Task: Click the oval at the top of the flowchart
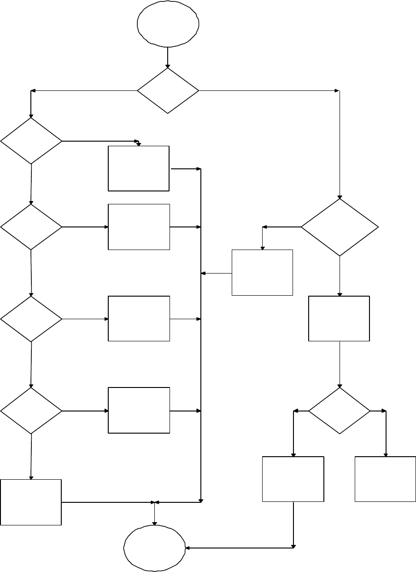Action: coord(168,24)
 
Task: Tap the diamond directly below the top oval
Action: coord(168,91)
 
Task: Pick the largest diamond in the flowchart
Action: coord(340,227)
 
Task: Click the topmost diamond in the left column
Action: coord(31,141)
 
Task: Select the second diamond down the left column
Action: coord(31,227)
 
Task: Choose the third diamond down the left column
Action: coord(31,319)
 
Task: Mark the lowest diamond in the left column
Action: coord(31,411)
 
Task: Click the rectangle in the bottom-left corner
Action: coord(31,502)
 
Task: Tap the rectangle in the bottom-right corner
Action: coord(385,479)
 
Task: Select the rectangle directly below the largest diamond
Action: coord(339,318)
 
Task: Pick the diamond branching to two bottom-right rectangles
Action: coord(339,411)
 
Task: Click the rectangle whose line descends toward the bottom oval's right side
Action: coord(293,479)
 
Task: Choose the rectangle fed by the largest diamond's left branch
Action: coord(262,272)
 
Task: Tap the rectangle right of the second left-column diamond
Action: coord(139,227)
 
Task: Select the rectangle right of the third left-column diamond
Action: coord(139,318)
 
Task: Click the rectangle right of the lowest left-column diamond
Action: coord(139,410)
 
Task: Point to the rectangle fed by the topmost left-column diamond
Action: coord(139,168)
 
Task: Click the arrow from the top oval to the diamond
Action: coord(168,58)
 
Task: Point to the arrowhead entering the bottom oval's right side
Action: coord(188,548)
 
